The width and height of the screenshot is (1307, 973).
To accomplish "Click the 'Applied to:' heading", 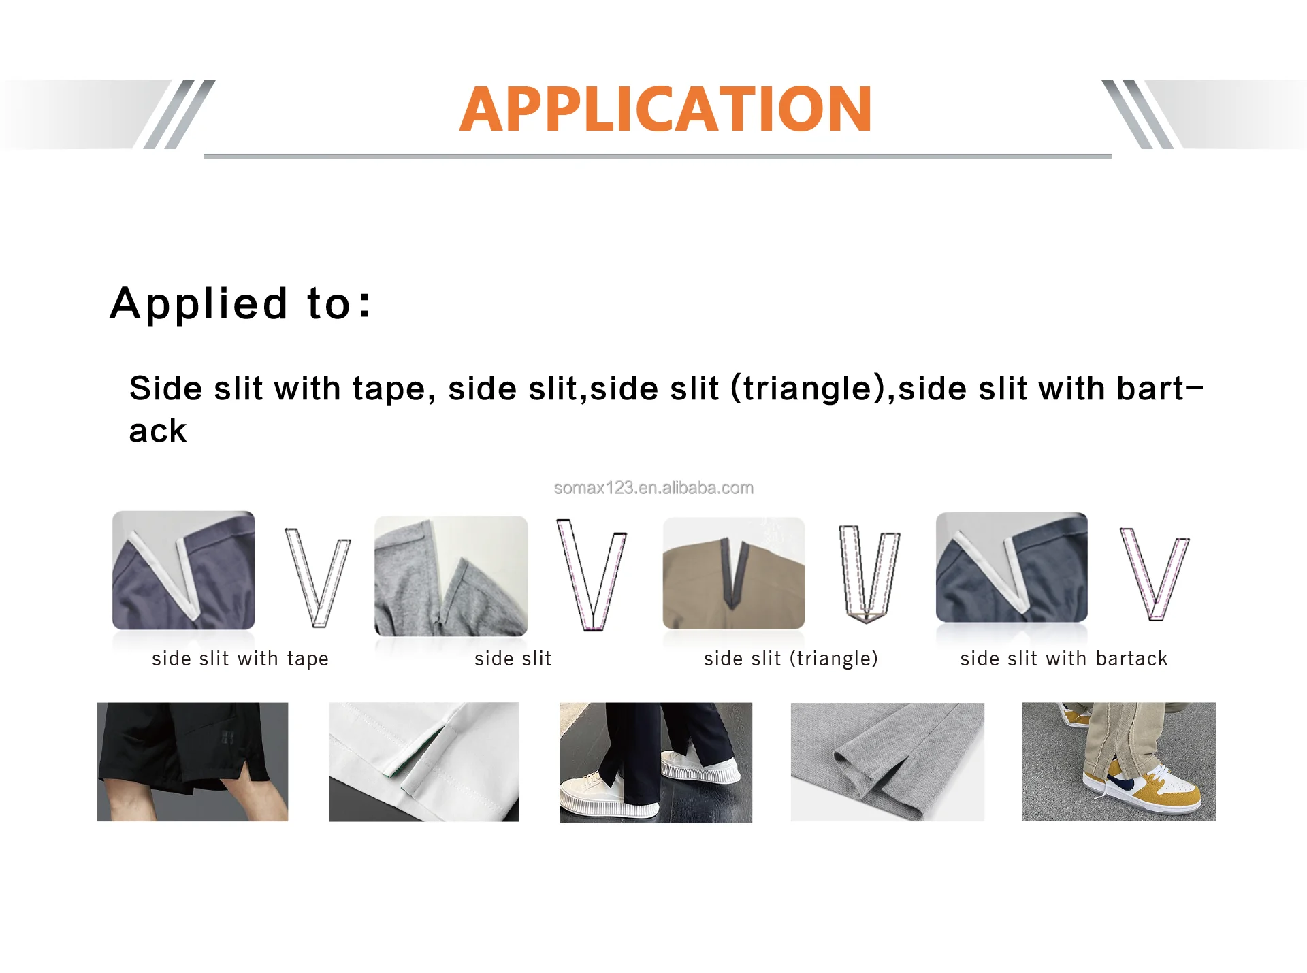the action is click(x=240, y=303).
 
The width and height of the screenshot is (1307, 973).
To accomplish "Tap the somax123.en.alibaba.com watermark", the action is click(x=653, y=488).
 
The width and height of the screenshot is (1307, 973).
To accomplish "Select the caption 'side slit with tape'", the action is click(x=240, y=659).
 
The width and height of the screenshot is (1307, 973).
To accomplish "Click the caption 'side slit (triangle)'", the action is click(x=791, y=659).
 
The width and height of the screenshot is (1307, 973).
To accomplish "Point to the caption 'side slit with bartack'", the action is click(x=1064, y=659).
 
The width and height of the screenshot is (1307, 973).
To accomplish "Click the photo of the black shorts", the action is click(x=193, y=761).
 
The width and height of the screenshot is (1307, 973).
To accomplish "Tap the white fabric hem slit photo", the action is click(x=424, y=761).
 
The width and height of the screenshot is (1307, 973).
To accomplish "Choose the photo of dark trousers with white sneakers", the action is click(x=656, y=762).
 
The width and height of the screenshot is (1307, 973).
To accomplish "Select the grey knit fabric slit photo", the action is click(x=887, y=761).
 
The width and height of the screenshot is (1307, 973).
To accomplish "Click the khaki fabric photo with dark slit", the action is click(x=734, y=573).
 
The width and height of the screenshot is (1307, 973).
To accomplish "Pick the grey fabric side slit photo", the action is click(x=451, y=576).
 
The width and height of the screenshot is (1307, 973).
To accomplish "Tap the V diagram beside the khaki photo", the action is click(x=869, y=573).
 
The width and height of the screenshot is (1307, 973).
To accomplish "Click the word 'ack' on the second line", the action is click(x=158, y=431).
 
